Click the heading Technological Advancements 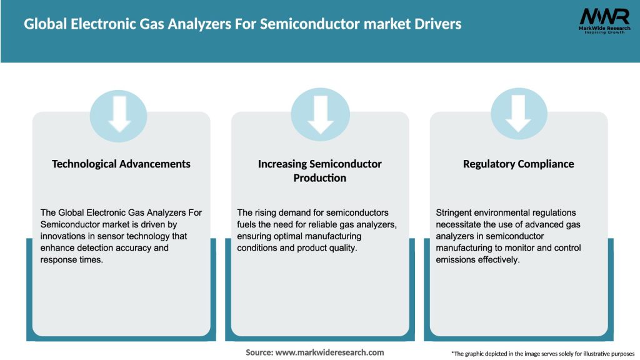(121, 164)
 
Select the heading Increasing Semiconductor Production (320, 171)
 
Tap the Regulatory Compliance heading (518, 164)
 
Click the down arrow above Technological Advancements (119, 114)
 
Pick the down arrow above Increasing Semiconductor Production (320, 114)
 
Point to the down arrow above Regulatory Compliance (518, 114)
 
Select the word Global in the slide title (44, 24)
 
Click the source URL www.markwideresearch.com (329, 352)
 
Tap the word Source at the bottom (258, 352)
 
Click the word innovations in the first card (64, 236)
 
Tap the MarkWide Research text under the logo (596, 28)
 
